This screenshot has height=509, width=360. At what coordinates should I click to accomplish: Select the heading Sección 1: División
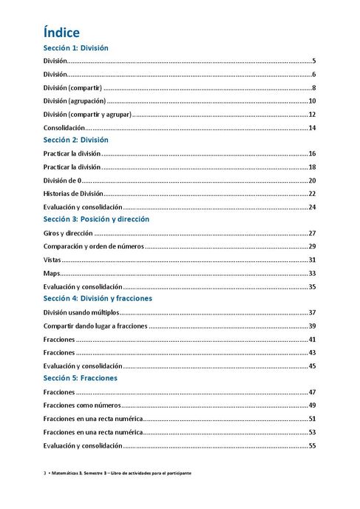75,48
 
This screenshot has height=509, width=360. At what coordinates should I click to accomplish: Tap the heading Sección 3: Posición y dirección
96,219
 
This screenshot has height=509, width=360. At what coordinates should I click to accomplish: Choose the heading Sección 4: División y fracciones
98,298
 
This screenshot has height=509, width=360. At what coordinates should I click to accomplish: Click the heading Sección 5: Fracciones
80,378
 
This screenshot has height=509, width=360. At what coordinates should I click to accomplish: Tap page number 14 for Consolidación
313,127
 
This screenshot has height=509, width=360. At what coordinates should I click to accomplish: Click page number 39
313,326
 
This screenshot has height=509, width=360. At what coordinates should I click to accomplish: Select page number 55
313,445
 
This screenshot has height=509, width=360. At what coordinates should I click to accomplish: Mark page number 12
313,114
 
